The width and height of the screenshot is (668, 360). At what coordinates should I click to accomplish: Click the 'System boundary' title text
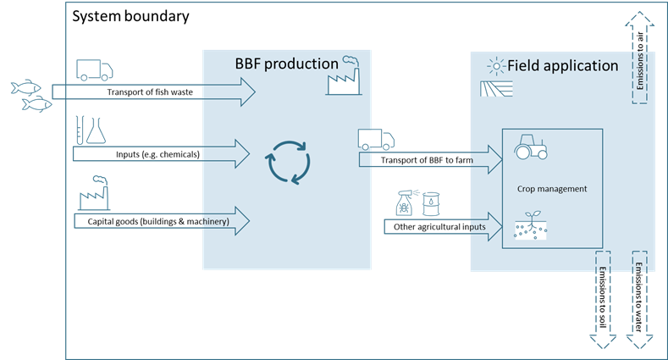[130, 17]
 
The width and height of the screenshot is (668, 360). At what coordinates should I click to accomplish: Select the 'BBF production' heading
[284, 64]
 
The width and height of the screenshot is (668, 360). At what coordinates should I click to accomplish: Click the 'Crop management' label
[551, 189]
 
